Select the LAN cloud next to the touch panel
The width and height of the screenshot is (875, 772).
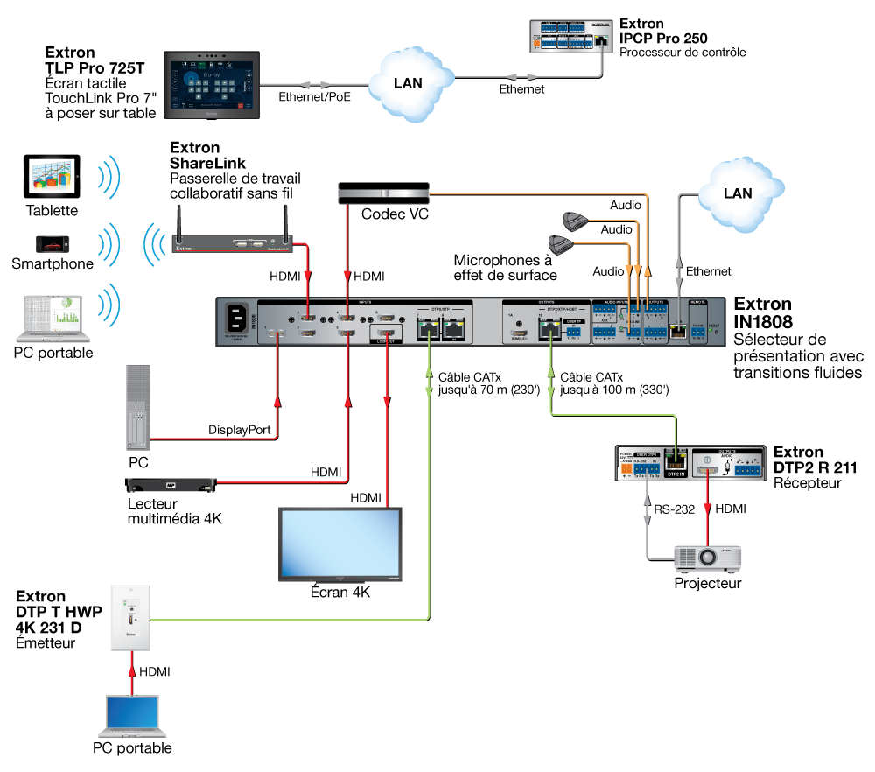[x=409, y=83]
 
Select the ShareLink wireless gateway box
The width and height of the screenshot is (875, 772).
[x=232, y=244]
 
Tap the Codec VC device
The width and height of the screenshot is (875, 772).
[x=384, y=193]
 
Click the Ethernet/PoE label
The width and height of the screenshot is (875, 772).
[x=313, y=97]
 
